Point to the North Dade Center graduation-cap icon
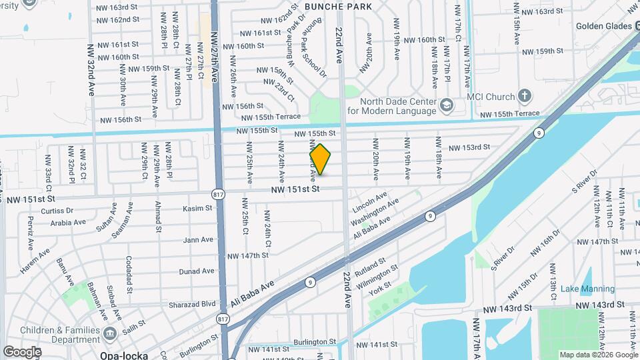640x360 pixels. tap(446, 104)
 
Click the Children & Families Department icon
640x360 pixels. tap(111, 333)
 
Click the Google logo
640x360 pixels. tap(22, 351)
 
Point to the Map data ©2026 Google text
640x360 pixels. tap(598, 355)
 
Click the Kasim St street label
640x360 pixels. tap(198, 209)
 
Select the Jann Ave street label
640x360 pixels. tap(198, 239)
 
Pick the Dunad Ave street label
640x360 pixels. tap(197, 271)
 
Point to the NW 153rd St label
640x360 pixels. tap(469, 147)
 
